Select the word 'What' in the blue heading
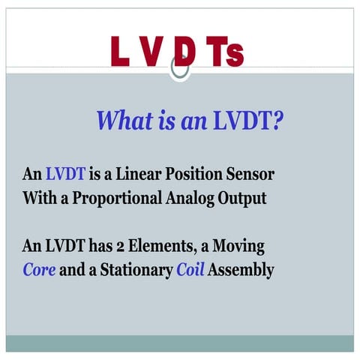[x=125, y=120]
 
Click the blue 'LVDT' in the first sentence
[x=65, y=175]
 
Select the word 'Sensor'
[x=253, y=175]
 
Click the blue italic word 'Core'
[x=39, y=270]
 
